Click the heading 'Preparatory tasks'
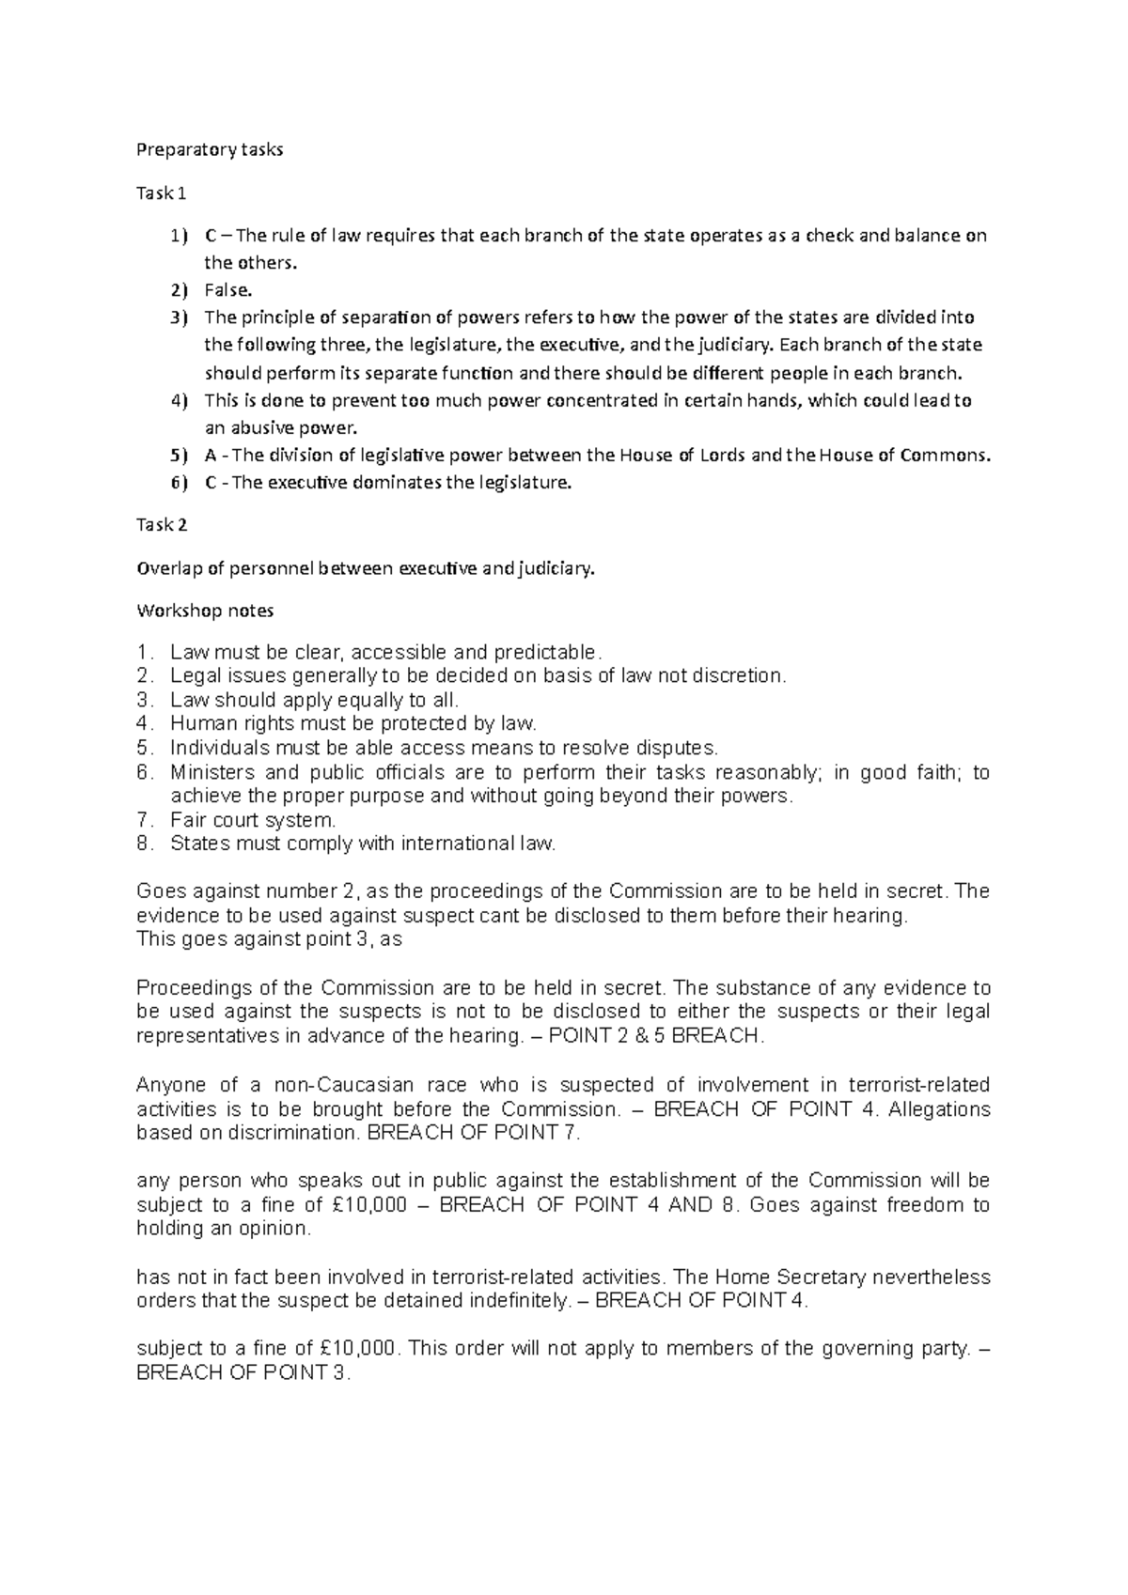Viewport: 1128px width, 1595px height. (x=209, y=150)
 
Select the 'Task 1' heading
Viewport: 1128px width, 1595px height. (x=161, y=194)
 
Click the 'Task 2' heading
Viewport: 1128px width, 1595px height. (x=162, y=525)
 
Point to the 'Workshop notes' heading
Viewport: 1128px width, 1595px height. (x=205, y=611)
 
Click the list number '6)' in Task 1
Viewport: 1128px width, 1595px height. (x=179, y=484)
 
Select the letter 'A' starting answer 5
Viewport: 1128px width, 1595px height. (x=210, y=457)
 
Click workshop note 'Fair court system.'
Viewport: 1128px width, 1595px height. (x=252, y=820)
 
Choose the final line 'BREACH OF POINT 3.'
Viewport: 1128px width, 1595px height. (x=243, y=1373)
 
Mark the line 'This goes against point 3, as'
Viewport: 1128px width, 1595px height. (x=269, y=938)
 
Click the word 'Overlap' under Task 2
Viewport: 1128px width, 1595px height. (x=168, y=568)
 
